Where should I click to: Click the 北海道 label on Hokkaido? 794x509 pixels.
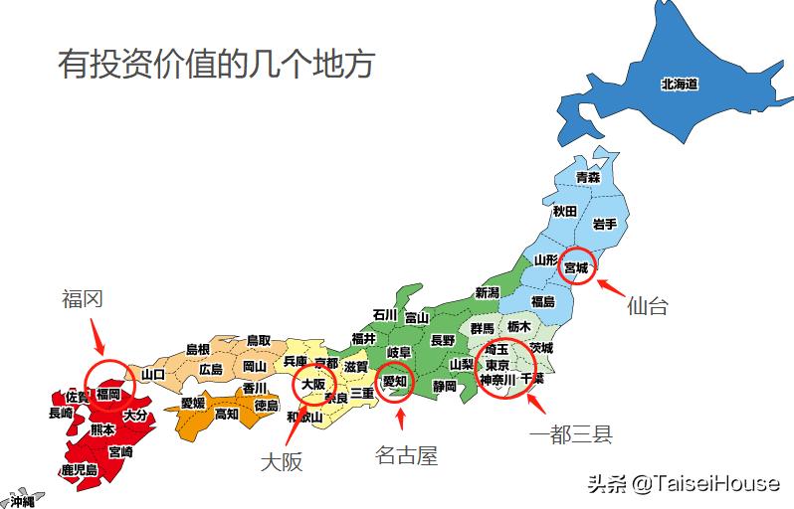(x=679, y=85)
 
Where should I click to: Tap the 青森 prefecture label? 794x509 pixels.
(x=588, y=177)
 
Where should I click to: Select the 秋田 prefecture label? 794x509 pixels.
(x=565, y=211)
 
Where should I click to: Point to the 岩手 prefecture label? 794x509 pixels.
(x=605, y=225)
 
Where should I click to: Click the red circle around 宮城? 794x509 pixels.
(x=576, y=266)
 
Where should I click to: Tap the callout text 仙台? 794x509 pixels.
(x=647, y=306)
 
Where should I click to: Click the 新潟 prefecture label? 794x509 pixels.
(x=487, y=292)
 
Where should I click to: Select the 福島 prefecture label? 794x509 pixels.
(x=542, y=301)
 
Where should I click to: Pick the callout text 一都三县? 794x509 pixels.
(x=570, y=433)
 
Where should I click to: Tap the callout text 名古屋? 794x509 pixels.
(x=406, y=455)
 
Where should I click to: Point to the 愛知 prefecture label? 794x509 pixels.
(x=395, y=381)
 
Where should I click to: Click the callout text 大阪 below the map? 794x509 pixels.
(x=281, y=461)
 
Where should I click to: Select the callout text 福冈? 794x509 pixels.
(x=82, y=299)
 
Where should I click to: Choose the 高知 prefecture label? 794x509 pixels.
(x=227, y=414)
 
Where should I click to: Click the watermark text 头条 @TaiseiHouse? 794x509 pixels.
(x=683, y=483)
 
